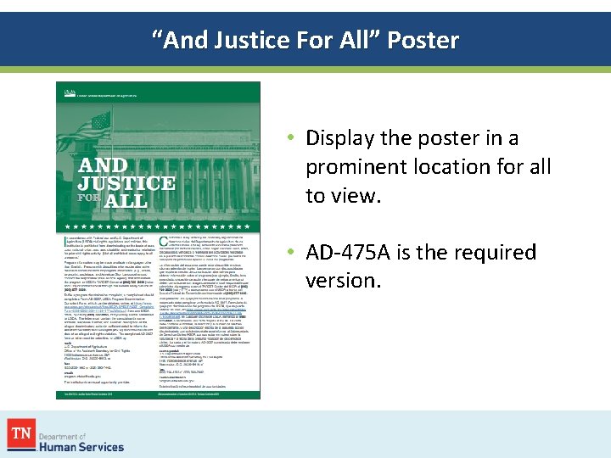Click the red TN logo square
pos(21,434)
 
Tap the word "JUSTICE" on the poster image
pos(126,182)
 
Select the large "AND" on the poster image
pos(104,165)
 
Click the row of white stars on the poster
pos(157,227)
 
